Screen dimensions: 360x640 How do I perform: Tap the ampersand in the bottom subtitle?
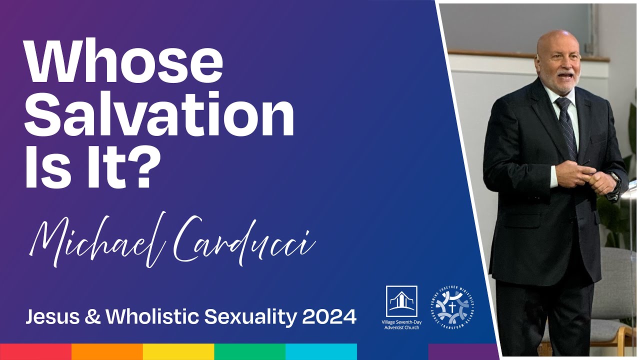93,316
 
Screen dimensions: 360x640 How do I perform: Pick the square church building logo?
401,301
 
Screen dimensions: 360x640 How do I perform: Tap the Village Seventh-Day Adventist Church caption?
401,325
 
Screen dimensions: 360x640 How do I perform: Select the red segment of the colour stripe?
35,351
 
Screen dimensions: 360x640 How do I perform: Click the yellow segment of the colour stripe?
178,351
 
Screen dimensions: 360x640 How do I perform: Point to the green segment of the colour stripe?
250,351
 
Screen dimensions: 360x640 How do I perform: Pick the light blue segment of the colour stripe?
321,351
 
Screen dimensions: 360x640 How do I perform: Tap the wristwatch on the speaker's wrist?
614,178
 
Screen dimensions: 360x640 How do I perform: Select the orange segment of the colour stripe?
107,351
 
